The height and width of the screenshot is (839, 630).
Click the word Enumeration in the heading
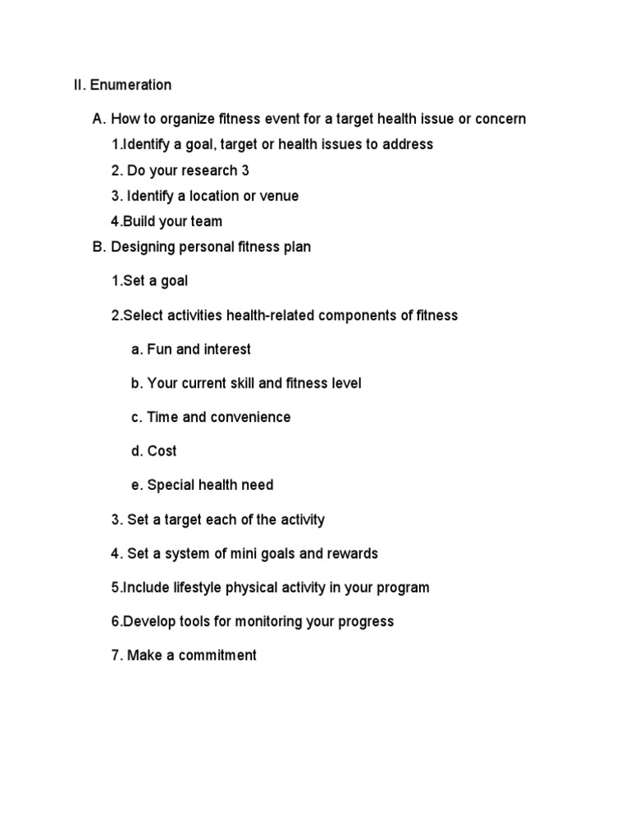[x=131, y=85]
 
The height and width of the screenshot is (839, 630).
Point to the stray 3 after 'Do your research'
[x=245, y=170]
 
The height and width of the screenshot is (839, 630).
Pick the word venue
[x=278, y=197]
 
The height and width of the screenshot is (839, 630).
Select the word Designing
[x=142, y=247]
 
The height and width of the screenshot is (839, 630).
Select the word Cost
[x=162, y=451]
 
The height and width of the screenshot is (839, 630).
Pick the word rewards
[x=353, y=554]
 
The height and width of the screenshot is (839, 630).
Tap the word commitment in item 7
[x=216, y=655]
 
